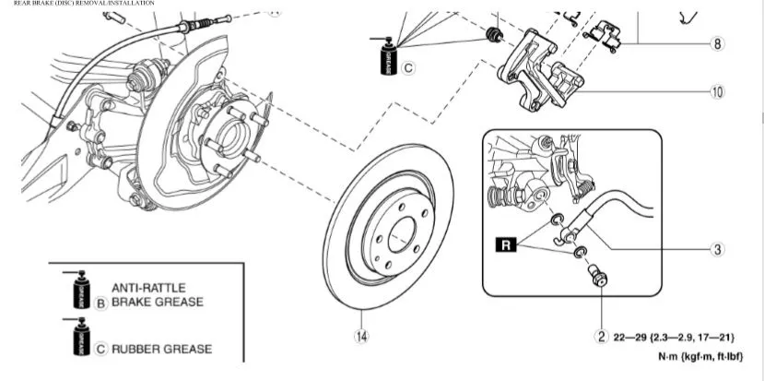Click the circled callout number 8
[x=717, y=44]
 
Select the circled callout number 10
[x=717, y=92]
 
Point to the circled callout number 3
[x=717, y=248]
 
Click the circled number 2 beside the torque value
[x=600, y=336]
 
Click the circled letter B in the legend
[x=100, y=301]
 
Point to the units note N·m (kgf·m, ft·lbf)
[x=698, y=356]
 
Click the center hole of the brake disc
[x=404, y=235]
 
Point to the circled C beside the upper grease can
[x=409, y=67]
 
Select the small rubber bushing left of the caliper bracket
[x=495, y=35]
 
